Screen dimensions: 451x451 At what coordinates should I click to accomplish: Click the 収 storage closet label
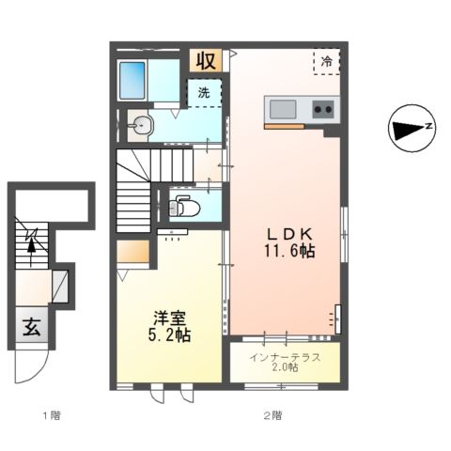206,60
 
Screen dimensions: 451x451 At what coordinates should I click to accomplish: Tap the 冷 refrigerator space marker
327,61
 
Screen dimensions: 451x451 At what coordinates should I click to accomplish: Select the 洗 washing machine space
204,93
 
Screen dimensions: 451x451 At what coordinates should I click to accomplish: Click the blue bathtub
132,81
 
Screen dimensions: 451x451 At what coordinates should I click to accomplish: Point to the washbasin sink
141,126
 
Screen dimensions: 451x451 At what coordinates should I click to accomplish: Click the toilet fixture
184,206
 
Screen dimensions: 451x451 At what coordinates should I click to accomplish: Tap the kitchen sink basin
283,109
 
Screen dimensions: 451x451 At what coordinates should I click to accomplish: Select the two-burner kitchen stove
323,109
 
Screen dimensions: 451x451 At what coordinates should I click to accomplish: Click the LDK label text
289,234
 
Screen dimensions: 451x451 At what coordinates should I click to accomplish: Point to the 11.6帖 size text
289,251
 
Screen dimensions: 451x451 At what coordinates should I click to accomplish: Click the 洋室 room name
170,318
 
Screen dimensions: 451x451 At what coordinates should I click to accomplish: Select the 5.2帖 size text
169,334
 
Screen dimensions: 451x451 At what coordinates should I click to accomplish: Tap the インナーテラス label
285,357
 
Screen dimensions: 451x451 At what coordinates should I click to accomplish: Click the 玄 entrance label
32,327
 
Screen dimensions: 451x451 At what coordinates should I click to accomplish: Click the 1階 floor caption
52,416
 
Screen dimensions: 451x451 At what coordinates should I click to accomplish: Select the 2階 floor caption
273,416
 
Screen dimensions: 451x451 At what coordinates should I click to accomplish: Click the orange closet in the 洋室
133,251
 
